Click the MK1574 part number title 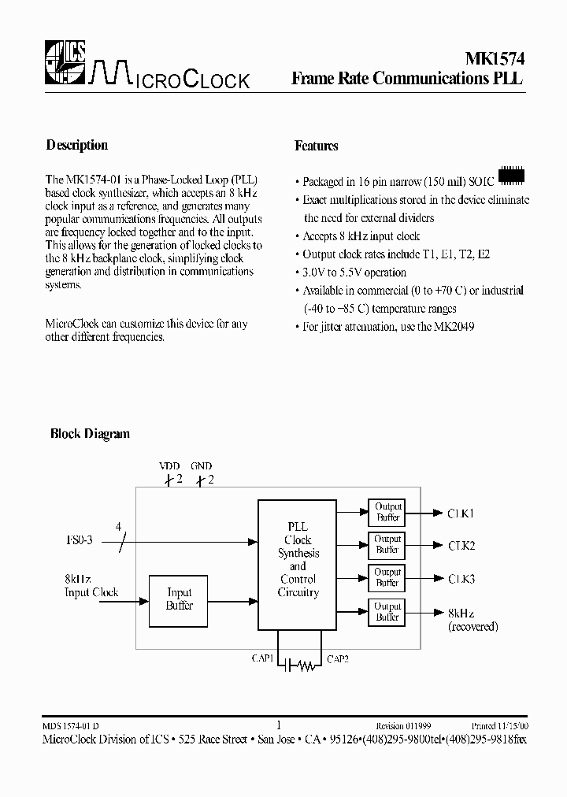[x=490, y=59]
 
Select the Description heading [x=77, y=145]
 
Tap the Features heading [x=317, y=146]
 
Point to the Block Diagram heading [x=90, y=433]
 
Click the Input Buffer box [x=179, y=599]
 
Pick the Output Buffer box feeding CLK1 [x=387, y=513]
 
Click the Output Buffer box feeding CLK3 [x=387, y=578]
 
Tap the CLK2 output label [x=461, y=546]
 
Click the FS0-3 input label [x=79, y=541]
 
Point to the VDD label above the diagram [x=170, y=466]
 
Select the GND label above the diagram [x=201, y=466]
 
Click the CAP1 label [x=261, y=658]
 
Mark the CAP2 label [x=338, y=658]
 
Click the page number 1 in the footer [x=279, y=725]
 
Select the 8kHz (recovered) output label [x=472, y=619]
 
